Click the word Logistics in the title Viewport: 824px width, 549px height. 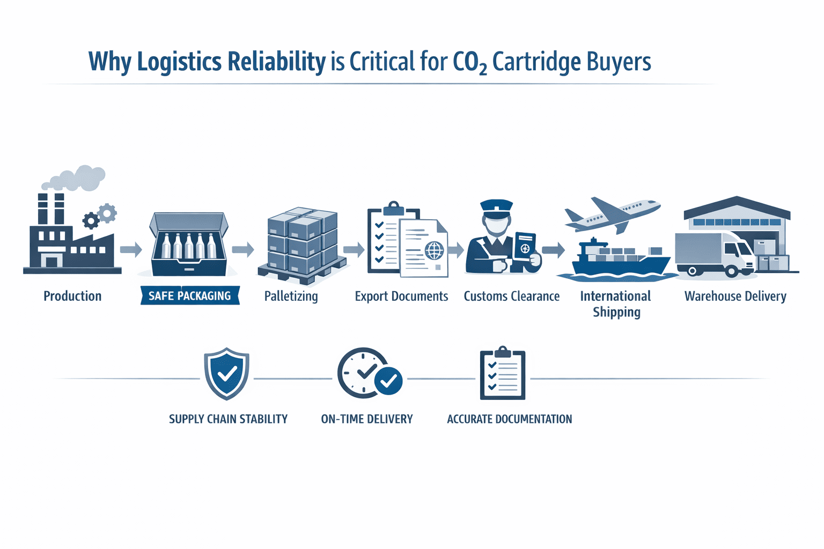pyautogui.click(x=179, y=62)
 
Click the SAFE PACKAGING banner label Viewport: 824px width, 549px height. pyautogui.click(x=189, y=296)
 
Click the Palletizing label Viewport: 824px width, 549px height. pyautogui.click(x=291, y=296)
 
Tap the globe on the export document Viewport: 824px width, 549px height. pyautogui.click(x=434, y=250)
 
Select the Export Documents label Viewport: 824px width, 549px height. pyautogui.click(x=401, y=296)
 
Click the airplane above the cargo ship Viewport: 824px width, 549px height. pyautogui.click(x=613, y=214)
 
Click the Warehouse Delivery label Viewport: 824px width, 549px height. pyautogui.click(x=735, y=296)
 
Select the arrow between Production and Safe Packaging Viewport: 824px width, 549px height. pyautogui.click(x=130, y=249)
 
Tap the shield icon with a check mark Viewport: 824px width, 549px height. pyautogui.click(x=226, y=373)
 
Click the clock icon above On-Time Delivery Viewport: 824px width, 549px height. pyautogui.click(x=363, y=372)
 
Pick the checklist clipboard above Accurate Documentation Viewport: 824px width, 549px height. pyautogui.click(x=503, y=373)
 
